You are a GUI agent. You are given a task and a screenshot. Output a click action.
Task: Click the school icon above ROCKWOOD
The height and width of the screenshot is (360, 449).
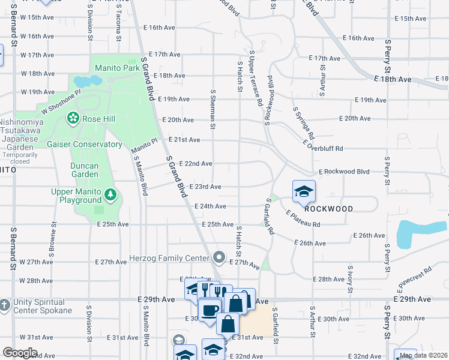point(304,191)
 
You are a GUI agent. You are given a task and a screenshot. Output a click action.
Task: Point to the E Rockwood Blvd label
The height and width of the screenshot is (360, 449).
point(344,172)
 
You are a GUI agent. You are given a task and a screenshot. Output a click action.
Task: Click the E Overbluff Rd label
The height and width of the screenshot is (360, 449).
point(323,145)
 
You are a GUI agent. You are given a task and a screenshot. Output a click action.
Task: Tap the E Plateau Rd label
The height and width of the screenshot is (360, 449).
point(303,219)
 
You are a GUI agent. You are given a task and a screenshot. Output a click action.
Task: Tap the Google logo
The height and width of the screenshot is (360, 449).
point(20,353)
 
